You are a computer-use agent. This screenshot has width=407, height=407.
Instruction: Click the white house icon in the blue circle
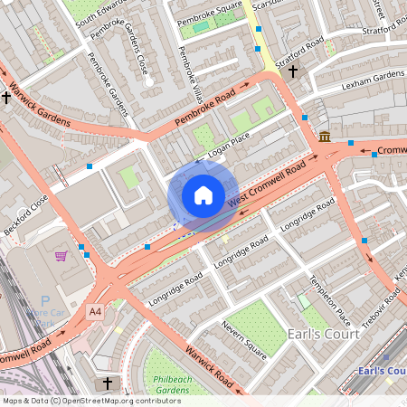[203, 194]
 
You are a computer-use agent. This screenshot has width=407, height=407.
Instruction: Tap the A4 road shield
[95, 311]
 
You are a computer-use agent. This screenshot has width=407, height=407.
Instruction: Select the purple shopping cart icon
[61, 256]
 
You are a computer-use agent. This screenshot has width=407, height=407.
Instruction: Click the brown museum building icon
[324, 137]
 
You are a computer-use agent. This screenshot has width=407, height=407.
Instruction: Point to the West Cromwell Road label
[267, 185]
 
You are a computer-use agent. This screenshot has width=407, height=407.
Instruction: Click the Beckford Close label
[24, 217]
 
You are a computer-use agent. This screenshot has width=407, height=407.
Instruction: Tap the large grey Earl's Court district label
[323, 334]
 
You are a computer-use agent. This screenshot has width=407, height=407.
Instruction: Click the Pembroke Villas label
[191, 65]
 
